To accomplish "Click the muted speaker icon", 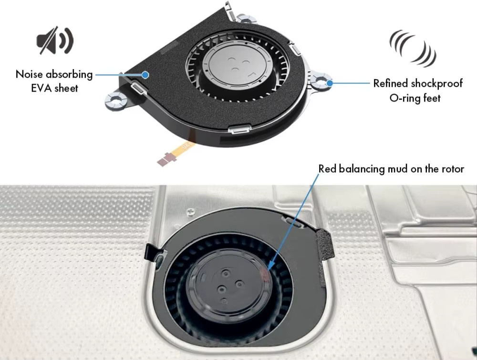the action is pos(55,40).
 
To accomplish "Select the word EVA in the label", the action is pos(41,88).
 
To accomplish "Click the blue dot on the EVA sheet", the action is pos(145,74).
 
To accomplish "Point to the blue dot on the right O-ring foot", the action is pos(330,82).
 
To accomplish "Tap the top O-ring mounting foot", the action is pos(246,19).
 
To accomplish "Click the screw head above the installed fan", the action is pos(190,210).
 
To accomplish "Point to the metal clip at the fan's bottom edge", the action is pos(240,129).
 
